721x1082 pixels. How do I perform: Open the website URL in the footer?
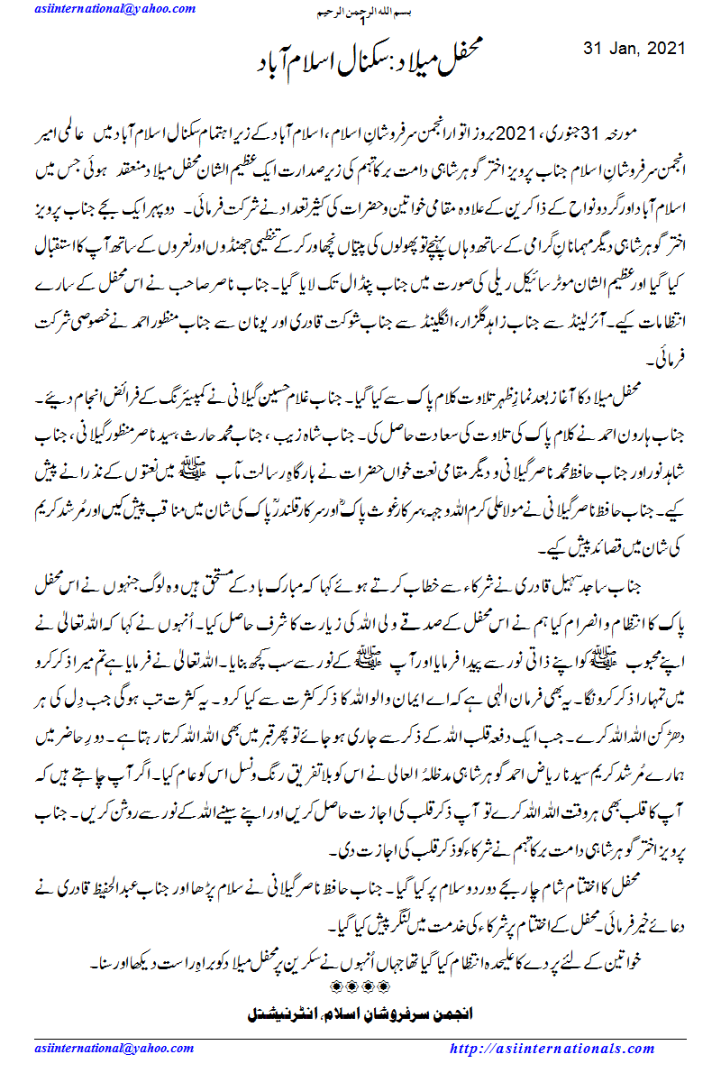pos(552,1049)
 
